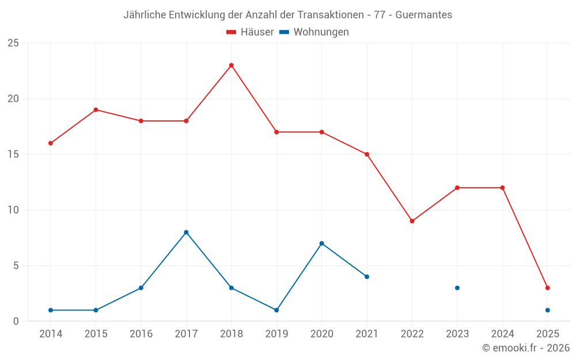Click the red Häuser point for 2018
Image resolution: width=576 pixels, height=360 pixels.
232,65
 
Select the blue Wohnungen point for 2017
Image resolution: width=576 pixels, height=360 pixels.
186,232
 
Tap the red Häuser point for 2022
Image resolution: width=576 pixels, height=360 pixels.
412,221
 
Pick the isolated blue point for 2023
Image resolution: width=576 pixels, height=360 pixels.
457,288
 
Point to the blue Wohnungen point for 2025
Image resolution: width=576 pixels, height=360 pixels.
548,310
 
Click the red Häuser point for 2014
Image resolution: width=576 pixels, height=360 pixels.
51,143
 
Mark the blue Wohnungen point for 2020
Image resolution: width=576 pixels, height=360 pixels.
321,243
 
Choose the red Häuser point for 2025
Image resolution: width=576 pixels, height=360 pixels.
548,288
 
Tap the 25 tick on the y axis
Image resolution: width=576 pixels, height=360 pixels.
13,43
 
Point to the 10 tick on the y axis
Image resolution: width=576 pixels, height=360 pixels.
13,210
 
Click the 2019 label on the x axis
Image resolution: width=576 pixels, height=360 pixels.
276,334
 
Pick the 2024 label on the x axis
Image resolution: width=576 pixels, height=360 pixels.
502,334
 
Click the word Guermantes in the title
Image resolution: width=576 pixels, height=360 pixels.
423,15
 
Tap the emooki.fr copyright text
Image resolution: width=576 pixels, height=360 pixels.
525,348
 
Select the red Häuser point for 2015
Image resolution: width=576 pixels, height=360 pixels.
96,109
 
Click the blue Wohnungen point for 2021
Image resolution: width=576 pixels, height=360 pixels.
367,276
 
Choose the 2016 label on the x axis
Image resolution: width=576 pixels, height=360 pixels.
141,334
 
